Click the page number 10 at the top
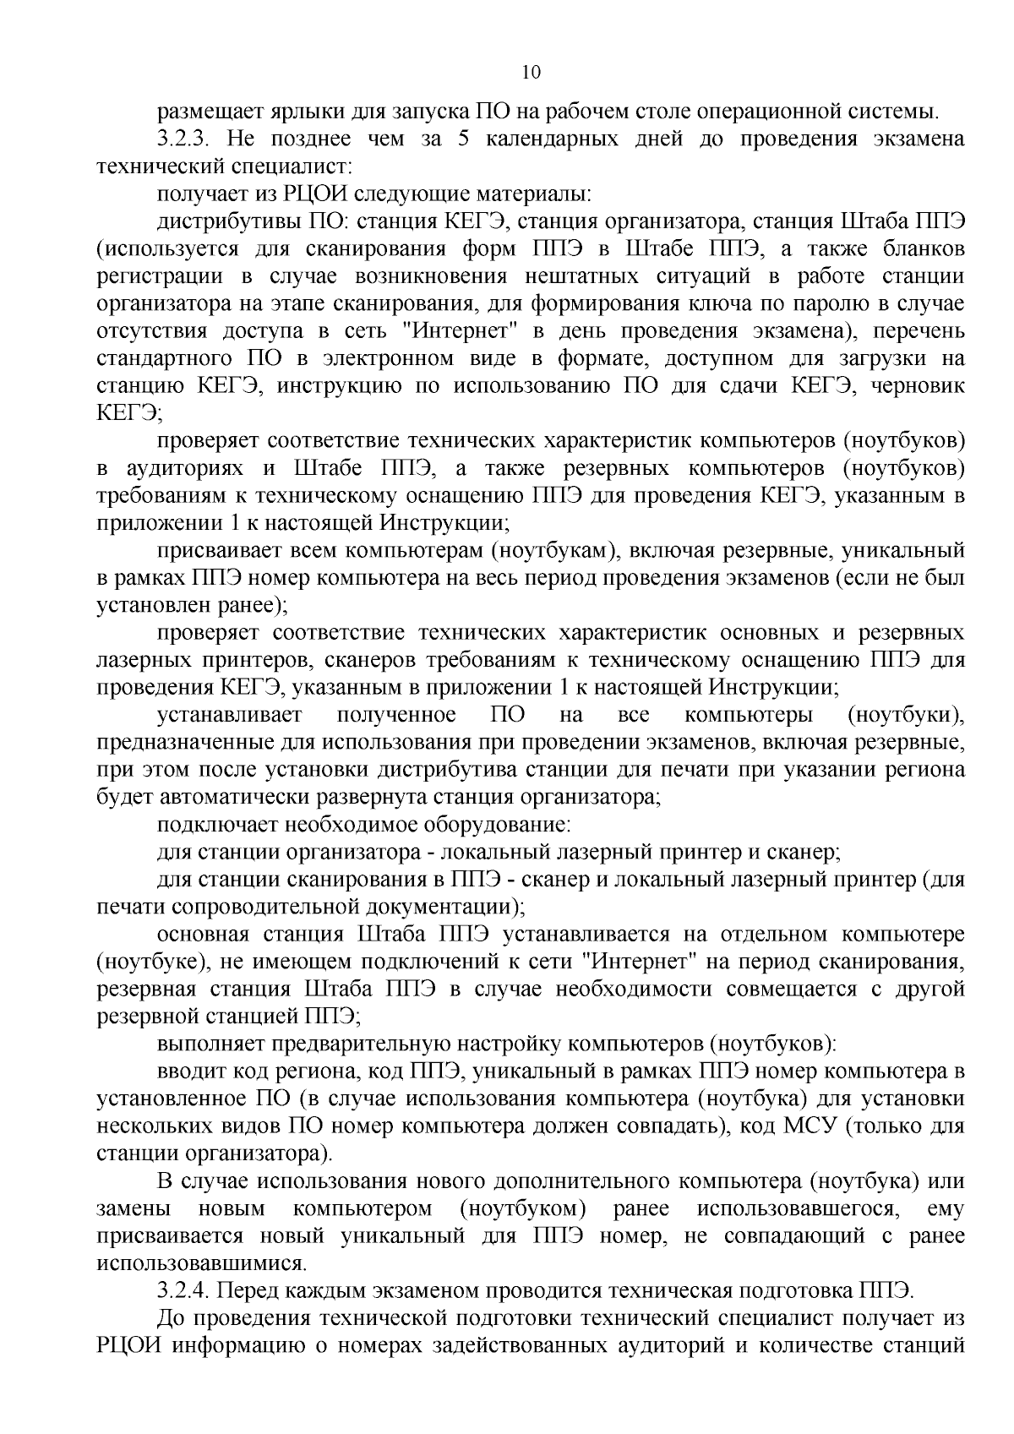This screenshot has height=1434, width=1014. coord(532,72)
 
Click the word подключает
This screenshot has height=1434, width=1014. coord(210,824)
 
